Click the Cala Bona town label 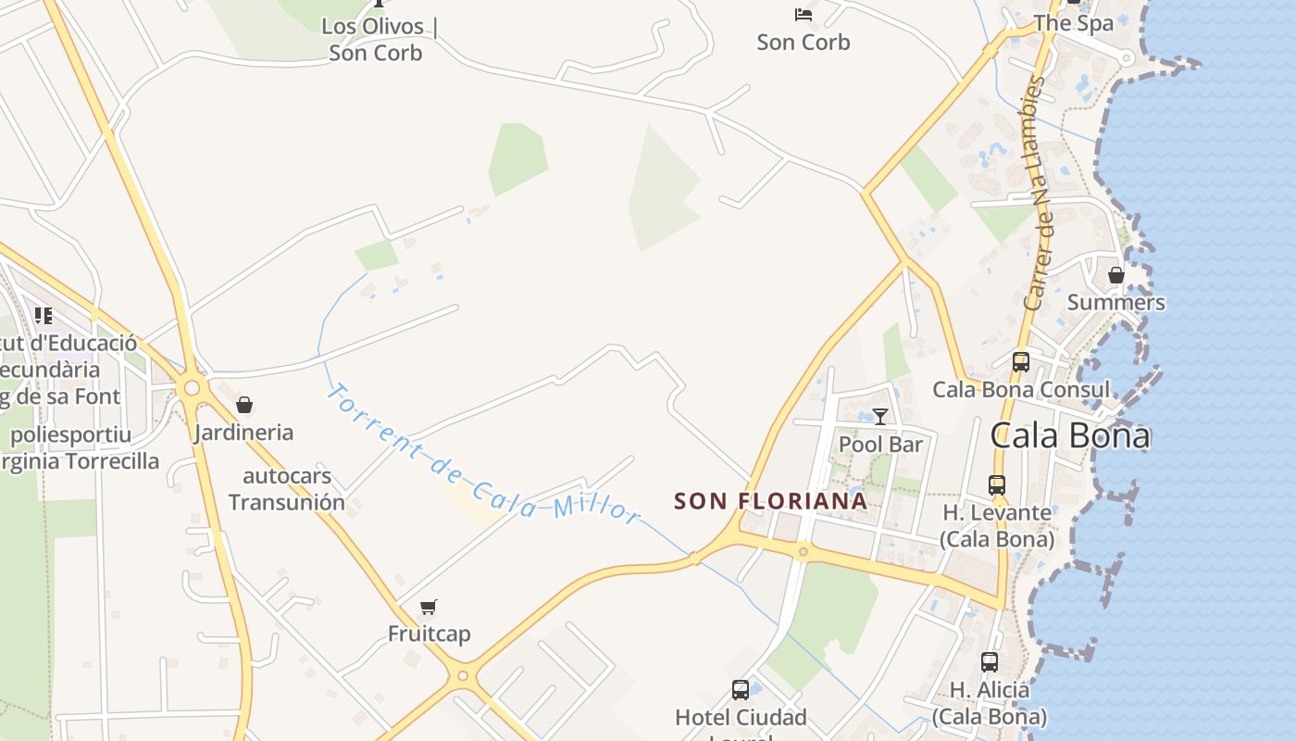pyautogui.click(x=1070, y=435)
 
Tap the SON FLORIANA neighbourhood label pyautogui.click(x=770, y=501)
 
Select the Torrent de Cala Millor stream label pyautogui.click(x=483, y=453)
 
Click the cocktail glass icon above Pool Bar pyautogui.click(x=880, y=417)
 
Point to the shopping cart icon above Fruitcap pyautogui.click(x=428, y=608)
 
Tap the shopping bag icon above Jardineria pyautogui.click(x=244, y=405)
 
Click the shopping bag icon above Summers pyautogui.click(x=1116, y=275)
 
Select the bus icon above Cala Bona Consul pyautogui.click(x=1021, y=362)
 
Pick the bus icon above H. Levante pyautogui.click(x=997, y=484)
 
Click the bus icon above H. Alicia pyautogui.click(x=990, y=662)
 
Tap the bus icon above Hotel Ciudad pyautogui.click(x=741, y=690)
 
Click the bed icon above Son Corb pyautogui.click(x=804, y=15)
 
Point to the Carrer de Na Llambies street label pyautogui.click(x=1035, y=194)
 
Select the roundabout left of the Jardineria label pyautogui.click(x=192, y=388)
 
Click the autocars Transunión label pyautogui.click(x=287, y=490)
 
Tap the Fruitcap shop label pyautogui.click(x=429, y=634)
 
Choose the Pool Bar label pyautogui.click(x=880, y=445)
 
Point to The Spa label pyautogui.click(x=1074, y=23)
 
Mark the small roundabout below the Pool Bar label pyautogui.click(x=803, y=552)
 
